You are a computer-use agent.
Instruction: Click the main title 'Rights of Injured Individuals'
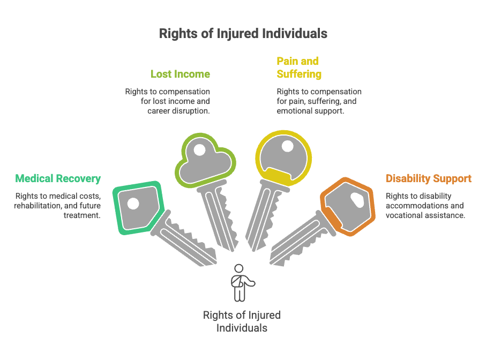243,33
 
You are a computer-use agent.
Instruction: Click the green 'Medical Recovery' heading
58,179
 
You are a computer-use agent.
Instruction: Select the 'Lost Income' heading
180,74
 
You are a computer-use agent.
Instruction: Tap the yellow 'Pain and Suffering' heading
299,67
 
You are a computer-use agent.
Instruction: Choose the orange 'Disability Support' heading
428,178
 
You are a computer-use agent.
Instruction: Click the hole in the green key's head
133,204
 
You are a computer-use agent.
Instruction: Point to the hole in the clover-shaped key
199,150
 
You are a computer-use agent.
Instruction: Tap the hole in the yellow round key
287,146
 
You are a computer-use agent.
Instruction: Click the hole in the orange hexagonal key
357,200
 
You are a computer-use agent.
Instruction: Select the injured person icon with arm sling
242,283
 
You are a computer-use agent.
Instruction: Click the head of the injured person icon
238,268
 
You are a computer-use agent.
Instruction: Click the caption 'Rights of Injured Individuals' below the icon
242,321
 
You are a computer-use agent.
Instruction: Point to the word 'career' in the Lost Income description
158,111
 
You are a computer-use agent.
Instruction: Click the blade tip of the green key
214,262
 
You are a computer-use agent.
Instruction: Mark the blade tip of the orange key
272,262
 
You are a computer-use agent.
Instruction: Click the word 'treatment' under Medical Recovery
82,215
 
